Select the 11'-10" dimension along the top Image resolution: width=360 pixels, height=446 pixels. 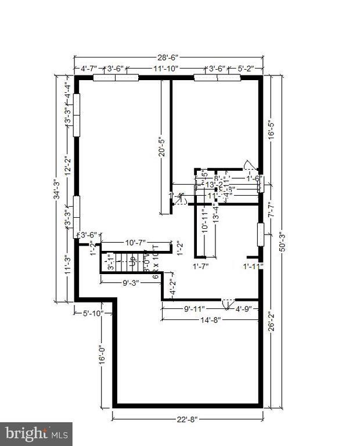[165, 69]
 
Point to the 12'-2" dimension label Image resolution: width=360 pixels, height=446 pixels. [67, 166]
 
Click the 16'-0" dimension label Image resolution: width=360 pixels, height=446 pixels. [102, 355]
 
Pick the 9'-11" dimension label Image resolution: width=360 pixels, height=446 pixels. [195, 308]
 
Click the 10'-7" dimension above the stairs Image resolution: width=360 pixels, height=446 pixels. [135, 242]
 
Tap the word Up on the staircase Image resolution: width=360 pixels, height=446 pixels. [132, 262]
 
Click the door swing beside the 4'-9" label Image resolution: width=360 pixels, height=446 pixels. [228, 303]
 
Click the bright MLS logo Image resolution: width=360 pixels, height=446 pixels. [36, 433]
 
